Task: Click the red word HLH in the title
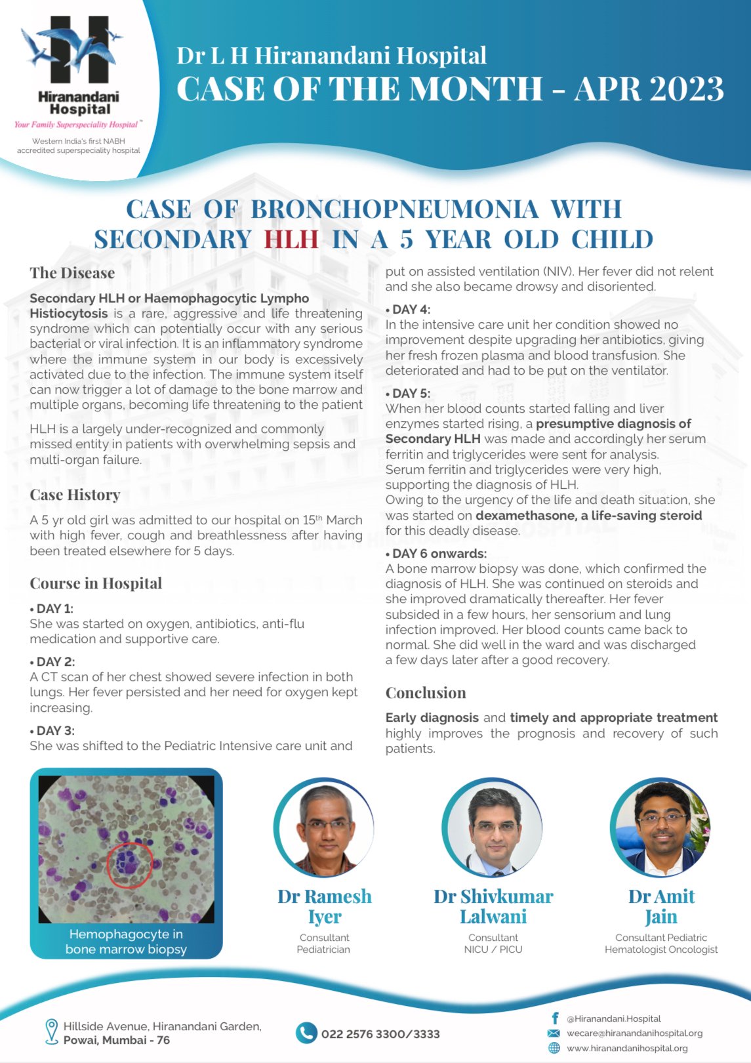(291, 240)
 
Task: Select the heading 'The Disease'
(72, 273)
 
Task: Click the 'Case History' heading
(75, 495)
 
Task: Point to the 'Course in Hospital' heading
(96, 583)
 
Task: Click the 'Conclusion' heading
(426, 693)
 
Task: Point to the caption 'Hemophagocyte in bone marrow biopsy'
(126, 942)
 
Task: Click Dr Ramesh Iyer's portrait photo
(324, 828)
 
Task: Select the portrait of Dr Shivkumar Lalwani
(493, 828)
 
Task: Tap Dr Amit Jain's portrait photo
(660, 828)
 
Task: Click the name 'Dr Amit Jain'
(661, 906)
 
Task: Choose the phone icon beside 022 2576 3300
(306, 1033)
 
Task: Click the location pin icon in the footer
(51, 1032)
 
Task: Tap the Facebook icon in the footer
(555, 1018)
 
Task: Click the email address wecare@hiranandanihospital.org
(634, 1033)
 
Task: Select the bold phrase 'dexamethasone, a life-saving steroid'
(588, 516)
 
